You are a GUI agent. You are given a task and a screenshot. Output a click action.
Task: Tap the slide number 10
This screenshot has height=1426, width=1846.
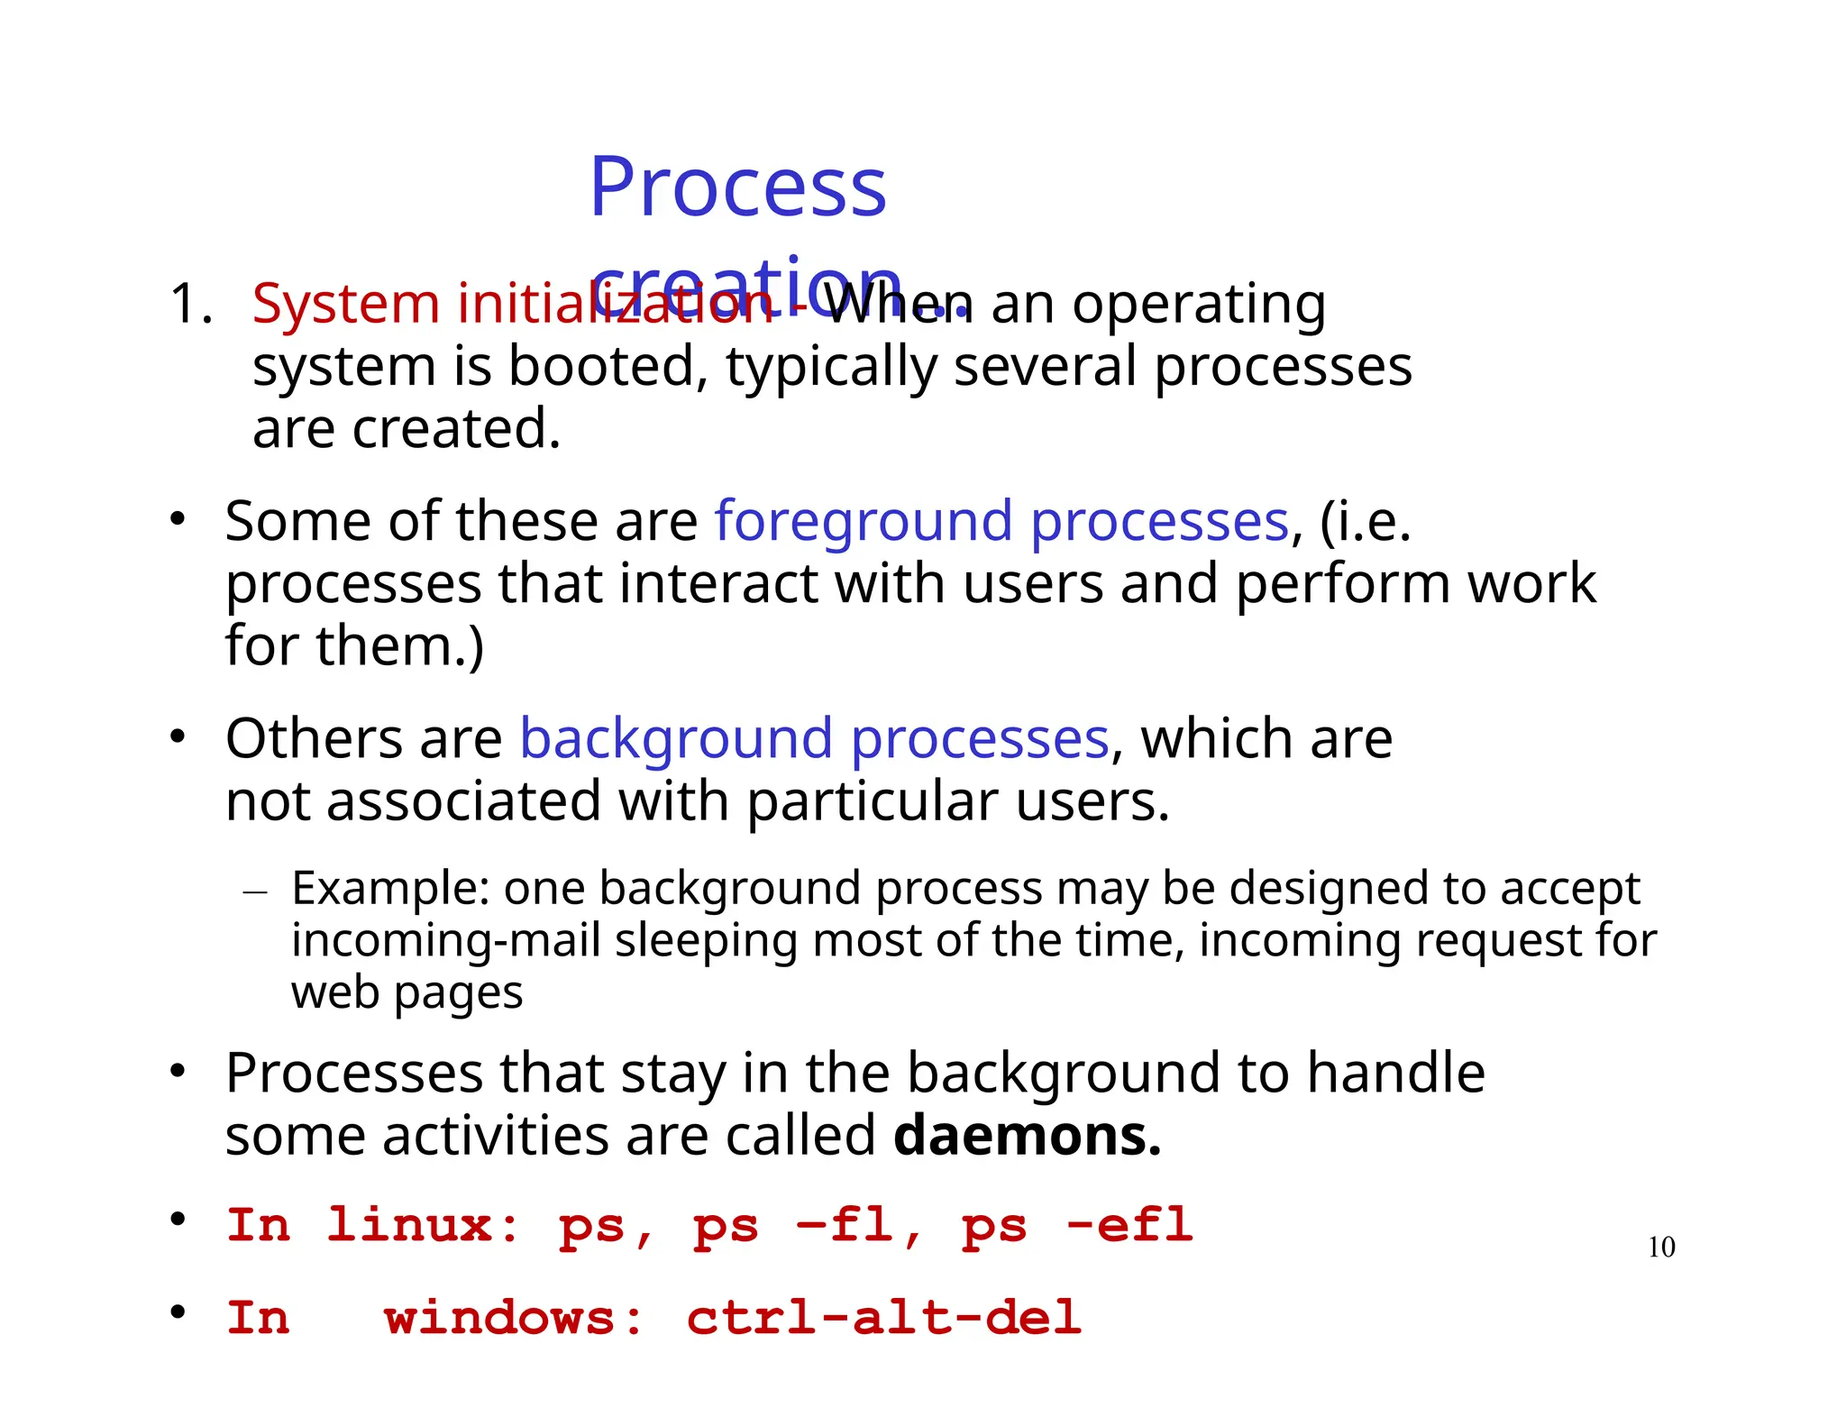click(x=1660, y=1248)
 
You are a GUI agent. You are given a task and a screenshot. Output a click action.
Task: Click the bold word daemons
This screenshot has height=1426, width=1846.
click(x=1027, y=1135)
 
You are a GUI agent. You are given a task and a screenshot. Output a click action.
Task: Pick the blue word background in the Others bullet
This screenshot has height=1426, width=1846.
click(x=676, y=740)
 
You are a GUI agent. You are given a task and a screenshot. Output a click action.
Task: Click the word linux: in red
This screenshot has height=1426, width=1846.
click(x=423, y=1226)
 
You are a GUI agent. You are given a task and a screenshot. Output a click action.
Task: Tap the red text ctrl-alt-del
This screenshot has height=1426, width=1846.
click(x=883, y=1319)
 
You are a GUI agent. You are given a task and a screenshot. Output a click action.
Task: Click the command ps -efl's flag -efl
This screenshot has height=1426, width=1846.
click(x=1129, y=1226)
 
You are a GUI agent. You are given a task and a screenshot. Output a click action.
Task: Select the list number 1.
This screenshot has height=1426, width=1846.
click(x=190, y=304)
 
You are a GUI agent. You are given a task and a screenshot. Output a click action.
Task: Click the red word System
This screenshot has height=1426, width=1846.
click(x=345, y=304)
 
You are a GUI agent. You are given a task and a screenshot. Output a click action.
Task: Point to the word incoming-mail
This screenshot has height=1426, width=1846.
click(x=445, y=941)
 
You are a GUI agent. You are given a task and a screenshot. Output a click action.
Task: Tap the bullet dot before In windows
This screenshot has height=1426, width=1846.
click(x=178, y=1312)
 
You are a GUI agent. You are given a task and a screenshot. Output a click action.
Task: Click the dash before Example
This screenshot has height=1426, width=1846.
click(x=256, y=892)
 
